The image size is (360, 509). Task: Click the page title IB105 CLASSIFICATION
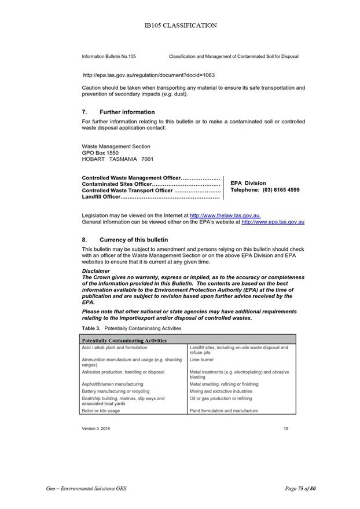(180, 25)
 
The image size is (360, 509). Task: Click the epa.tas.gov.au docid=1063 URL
(149, 75)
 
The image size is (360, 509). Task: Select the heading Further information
(127, 112)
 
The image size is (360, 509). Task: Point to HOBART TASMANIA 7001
(117, 159)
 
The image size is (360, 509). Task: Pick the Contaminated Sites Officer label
(117, 184)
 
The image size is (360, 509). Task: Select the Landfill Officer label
(101, 197)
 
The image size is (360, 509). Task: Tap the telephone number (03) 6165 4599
(281, 190)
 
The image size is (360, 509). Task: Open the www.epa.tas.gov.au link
(273, 222)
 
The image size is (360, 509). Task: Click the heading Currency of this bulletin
(134, 240)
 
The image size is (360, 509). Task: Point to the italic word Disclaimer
(96, 271)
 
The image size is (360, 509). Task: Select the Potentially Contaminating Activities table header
(124, 340)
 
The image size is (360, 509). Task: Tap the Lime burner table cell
(202, 360)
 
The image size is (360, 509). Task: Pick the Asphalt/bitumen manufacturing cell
(112, 384)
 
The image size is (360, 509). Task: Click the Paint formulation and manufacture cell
(223, 411)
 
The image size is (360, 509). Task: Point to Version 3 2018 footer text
(95, 429)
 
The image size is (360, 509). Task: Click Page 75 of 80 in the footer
(300, 489)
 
